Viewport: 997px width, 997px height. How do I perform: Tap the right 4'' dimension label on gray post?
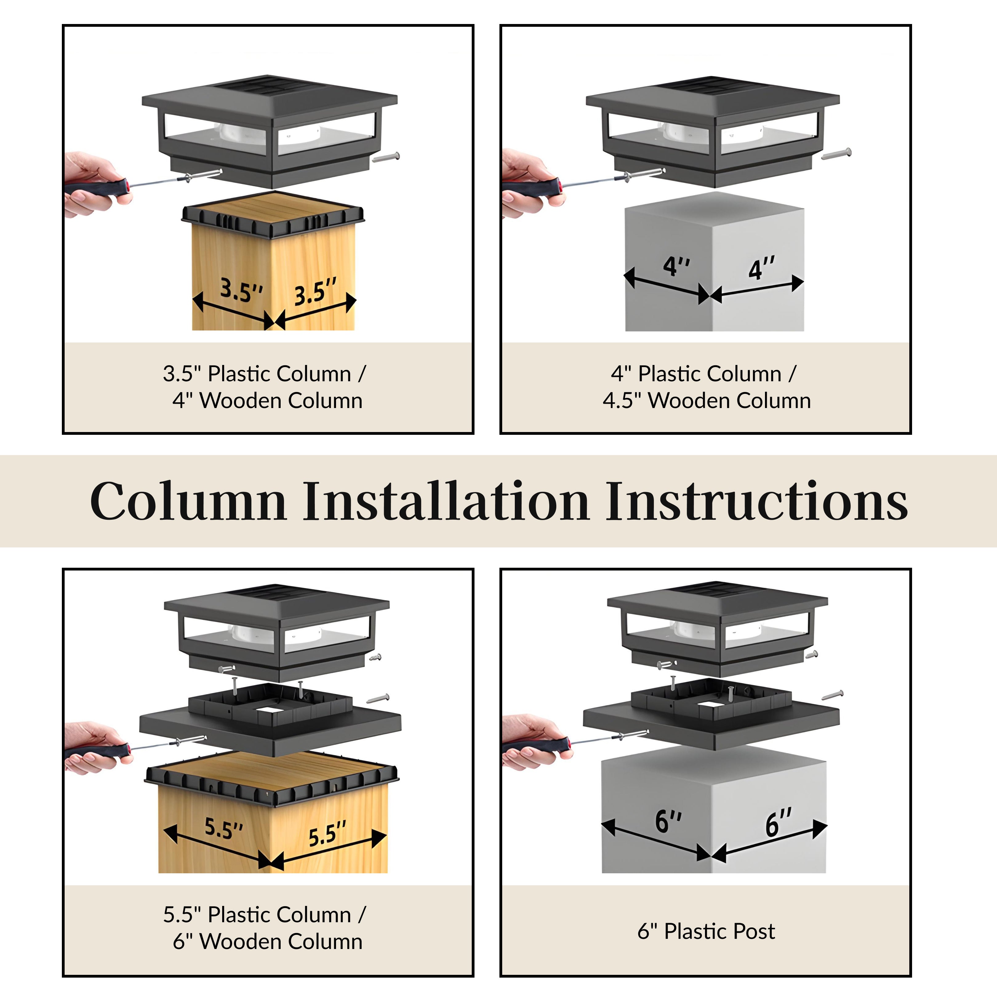tap(762, 268)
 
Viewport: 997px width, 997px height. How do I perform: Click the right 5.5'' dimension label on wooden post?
tap(327, 835)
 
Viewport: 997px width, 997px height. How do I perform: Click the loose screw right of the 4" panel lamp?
tap(836, 153)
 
